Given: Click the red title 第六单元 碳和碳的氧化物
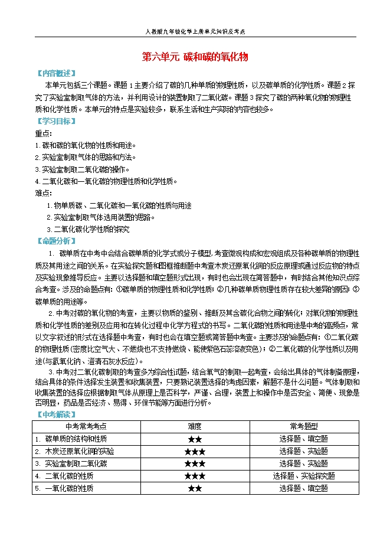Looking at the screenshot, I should click(x=195, y=57).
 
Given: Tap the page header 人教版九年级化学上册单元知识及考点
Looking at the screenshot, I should click(x=195, y=32).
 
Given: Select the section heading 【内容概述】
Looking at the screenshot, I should click(x=55, y=73).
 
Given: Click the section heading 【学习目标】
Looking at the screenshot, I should click(x=55, y=122).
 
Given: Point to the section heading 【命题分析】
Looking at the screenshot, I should click(x=55, y=241).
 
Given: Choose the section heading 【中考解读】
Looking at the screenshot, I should click(x=55, y=414).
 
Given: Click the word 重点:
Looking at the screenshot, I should click(x=43, y=133).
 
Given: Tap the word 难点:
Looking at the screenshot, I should click(x=43, y=193).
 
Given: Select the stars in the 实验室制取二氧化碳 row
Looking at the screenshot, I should click(x=195, y=463).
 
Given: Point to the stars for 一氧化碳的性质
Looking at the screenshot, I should click(x=195, y=488).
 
